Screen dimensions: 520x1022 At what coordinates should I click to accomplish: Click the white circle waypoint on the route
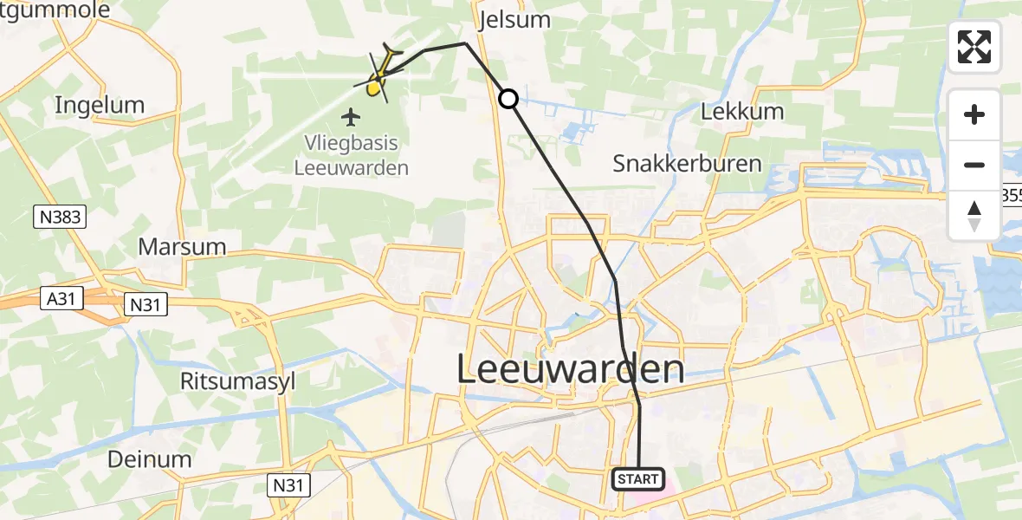tap(508, 100)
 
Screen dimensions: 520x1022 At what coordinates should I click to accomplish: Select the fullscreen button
tap(974, 47)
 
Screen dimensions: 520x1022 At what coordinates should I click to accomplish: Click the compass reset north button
tap(974, 216)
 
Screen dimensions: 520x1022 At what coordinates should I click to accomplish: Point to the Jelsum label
tap(514, 21)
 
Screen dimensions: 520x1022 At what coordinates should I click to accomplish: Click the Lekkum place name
tap(742, 111)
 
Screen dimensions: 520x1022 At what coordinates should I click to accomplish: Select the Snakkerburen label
tap(687, 163)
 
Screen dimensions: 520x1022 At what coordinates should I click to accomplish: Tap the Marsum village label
tap(182, 247)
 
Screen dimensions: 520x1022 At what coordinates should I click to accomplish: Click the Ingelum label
tap(99, 106)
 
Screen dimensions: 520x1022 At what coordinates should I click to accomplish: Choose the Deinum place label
tap(149, 459)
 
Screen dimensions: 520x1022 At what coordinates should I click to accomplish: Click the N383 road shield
tap(61, 217)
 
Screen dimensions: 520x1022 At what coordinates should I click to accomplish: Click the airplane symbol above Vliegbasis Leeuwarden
tap(351, 116)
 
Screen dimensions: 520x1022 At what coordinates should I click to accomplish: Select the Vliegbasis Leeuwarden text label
tap(351, 156)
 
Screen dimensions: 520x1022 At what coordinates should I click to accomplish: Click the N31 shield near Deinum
tap(288, 484)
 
